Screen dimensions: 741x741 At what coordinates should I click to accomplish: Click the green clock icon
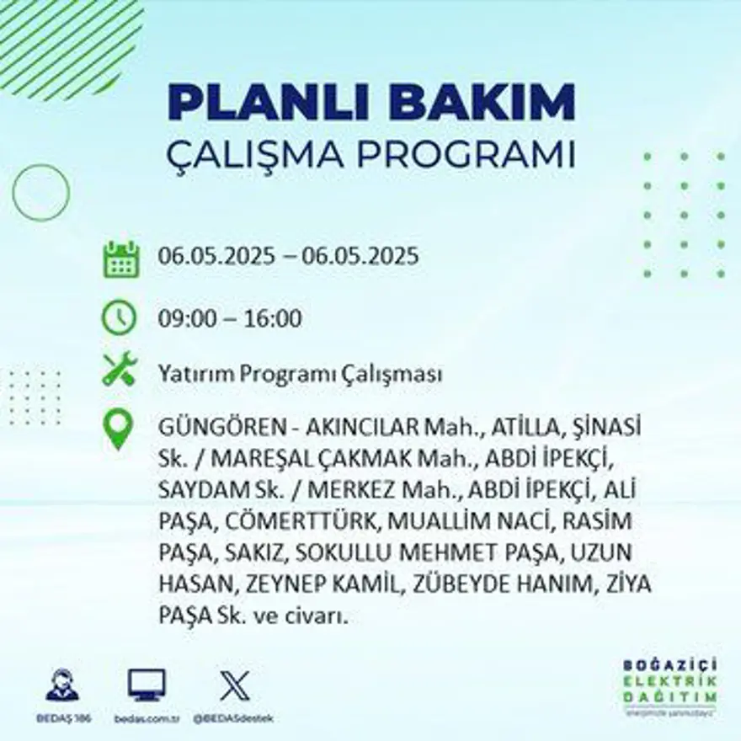[119, 317]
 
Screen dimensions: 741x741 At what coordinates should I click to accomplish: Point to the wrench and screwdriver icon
[119, 370]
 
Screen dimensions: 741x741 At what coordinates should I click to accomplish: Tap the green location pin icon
[118, 428]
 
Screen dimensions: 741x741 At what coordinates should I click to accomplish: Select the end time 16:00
[273, 319]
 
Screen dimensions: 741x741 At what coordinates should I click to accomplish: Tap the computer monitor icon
[147, 684]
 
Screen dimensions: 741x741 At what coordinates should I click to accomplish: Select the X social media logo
[234, 684]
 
